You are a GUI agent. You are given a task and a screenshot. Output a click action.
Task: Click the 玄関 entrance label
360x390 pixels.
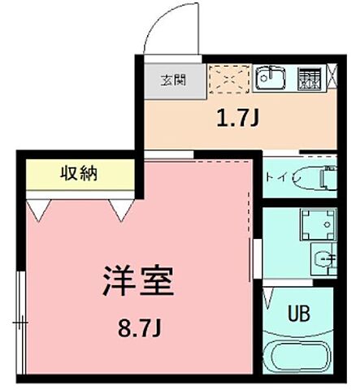point(172,80)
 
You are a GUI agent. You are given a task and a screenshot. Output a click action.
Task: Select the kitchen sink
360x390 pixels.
point(269,78)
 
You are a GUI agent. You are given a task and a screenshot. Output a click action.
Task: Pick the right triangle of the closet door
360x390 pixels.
point(122,210)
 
